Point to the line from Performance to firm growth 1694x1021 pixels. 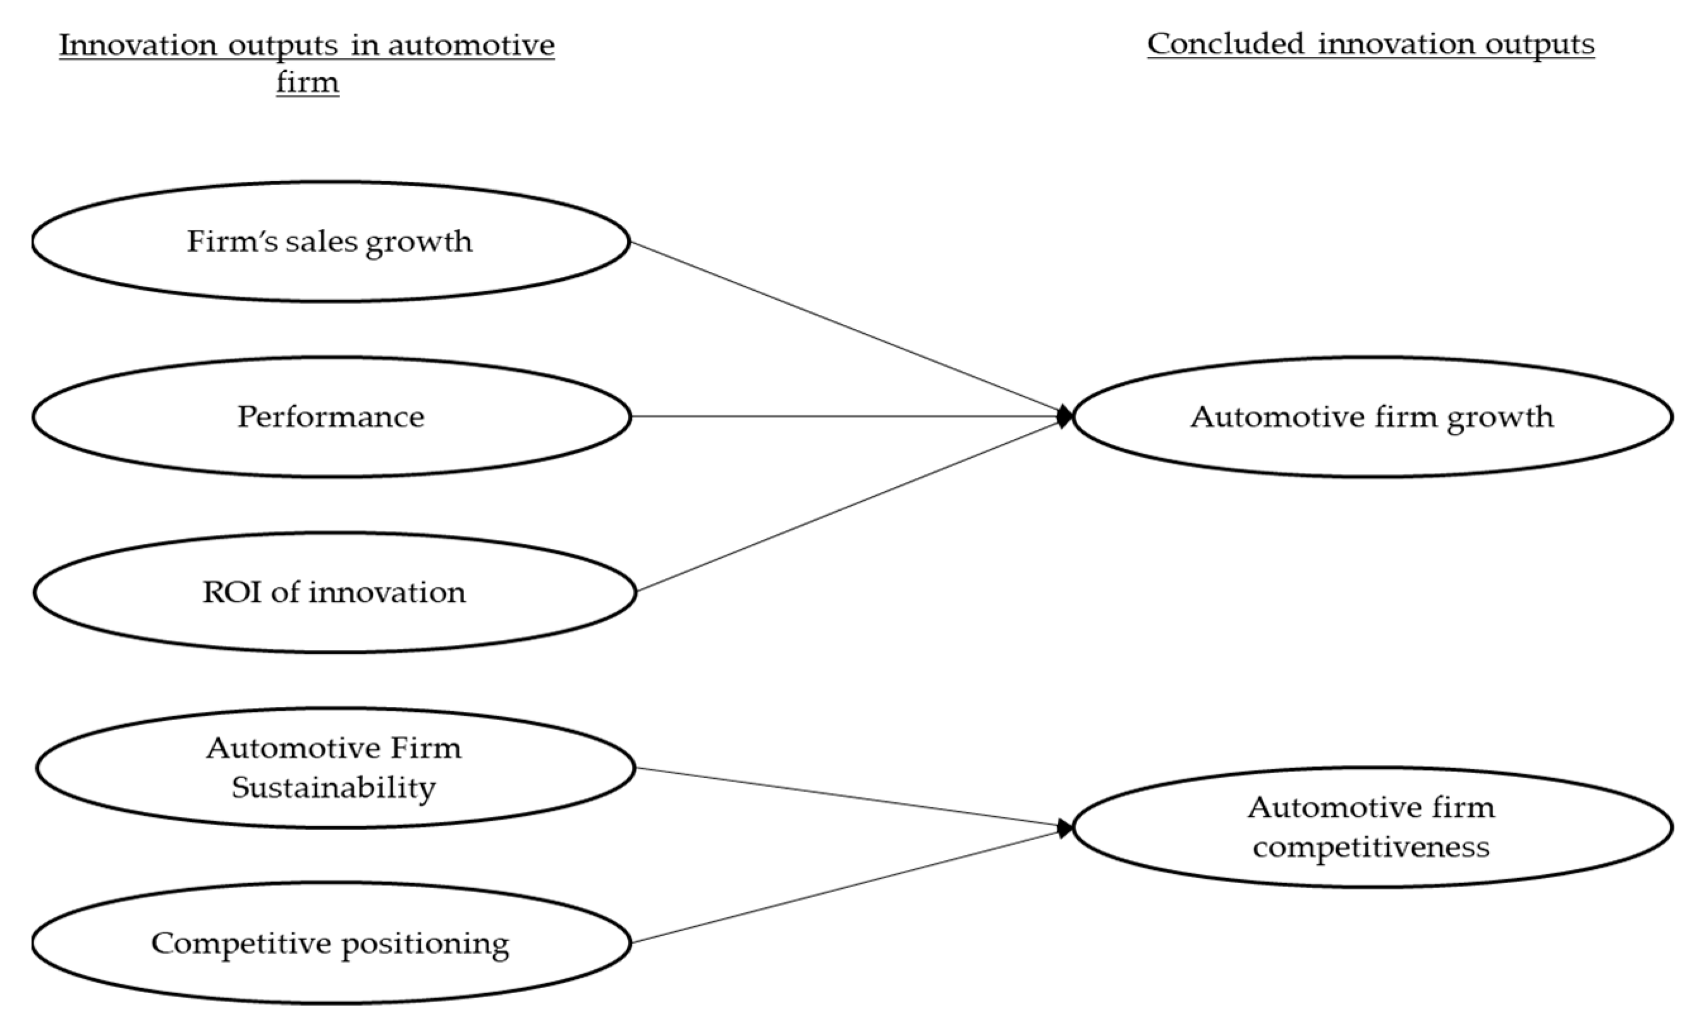click(x=846, y=416)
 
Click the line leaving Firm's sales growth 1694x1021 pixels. click(x=846, y=329)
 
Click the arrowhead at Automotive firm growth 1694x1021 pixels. click(x=1066, y=416)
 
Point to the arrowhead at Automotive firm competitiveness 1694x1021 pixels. click(x=1066, y=828)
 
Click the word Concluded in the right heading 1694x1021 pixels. click(x=1225, y=44)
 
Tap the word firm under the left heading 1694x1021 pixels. click(x=307, y=83)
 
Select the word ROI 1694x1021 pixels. click(x=230, y=592)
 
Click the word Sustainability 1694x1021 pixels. click(x=334, y=787)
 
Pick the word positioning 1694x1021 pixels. click(x=425, y=944)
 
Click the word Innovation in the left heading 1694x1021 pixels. click(x=138, y=46)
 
